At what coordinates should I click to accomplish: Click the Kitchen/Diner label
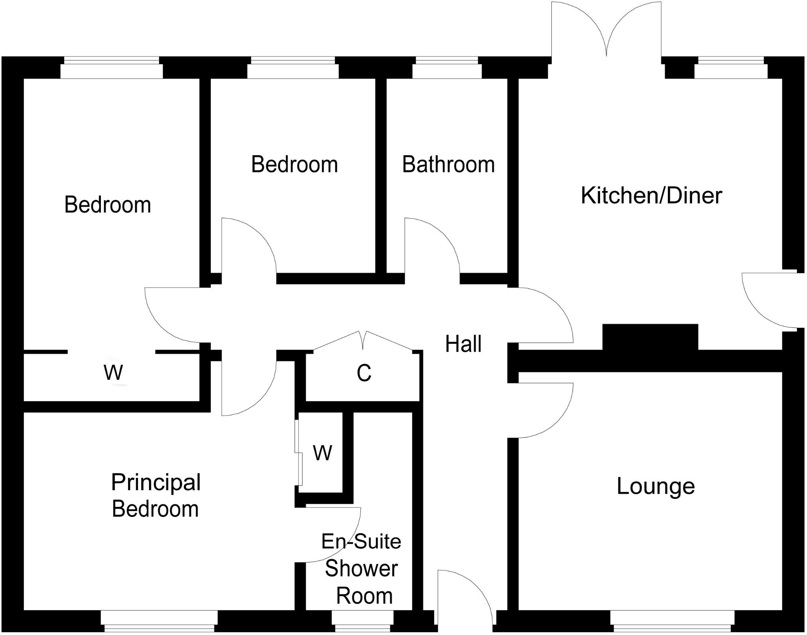click(651, 196)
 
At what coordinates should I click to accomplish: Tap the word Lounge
click(655, 486)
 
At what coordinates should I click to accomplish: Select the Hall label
click(463, 344)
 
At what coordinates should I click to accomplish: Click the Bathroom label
click(448, 165)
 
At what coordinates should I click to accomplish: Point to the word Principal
click(156, 483)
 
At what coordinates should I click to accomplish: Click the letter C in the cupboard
click(364, 373)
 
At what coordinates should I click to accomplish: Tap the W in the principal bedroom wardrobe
click(322, 453)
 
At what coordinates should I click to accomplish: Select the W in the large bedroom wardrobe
click(113, 373)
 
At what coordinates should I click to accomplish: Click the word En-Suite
click(361, 542)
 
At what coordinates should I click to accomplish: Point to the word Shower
click(361, 569)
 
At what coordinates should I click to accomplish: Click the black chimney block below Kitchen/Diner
click(650, 337)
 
